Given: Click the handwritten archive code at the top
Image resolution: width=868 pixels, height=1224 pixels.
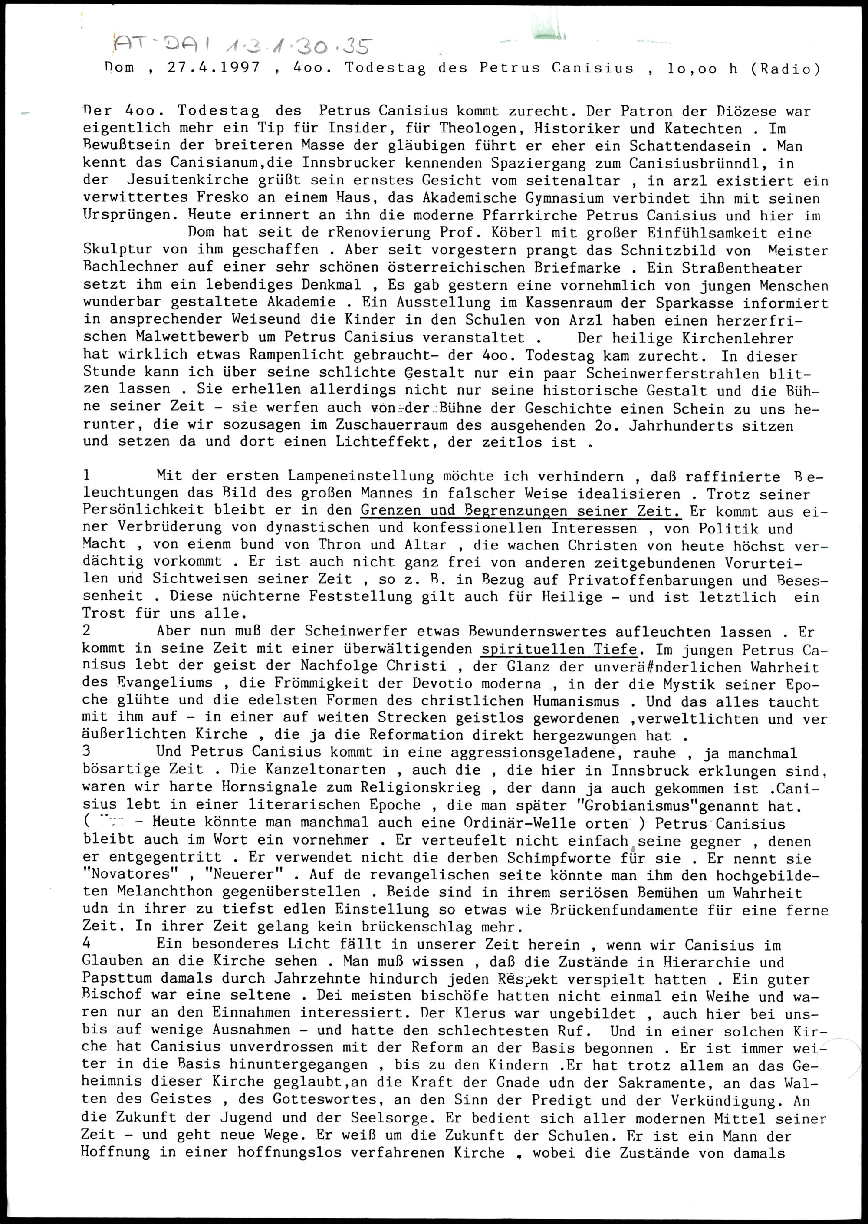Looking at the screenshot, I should [240, 47].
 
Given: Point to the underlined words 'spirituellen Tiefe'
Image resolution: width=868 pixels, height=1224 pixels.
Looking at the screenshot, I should [559, 649].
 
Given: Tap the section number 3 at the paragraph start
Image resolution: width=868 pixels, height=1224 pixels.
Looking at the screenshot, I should [87, 752].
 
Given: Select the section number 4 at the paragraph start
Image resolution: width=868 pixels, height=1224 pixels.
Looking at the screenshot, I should [87, 944].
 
